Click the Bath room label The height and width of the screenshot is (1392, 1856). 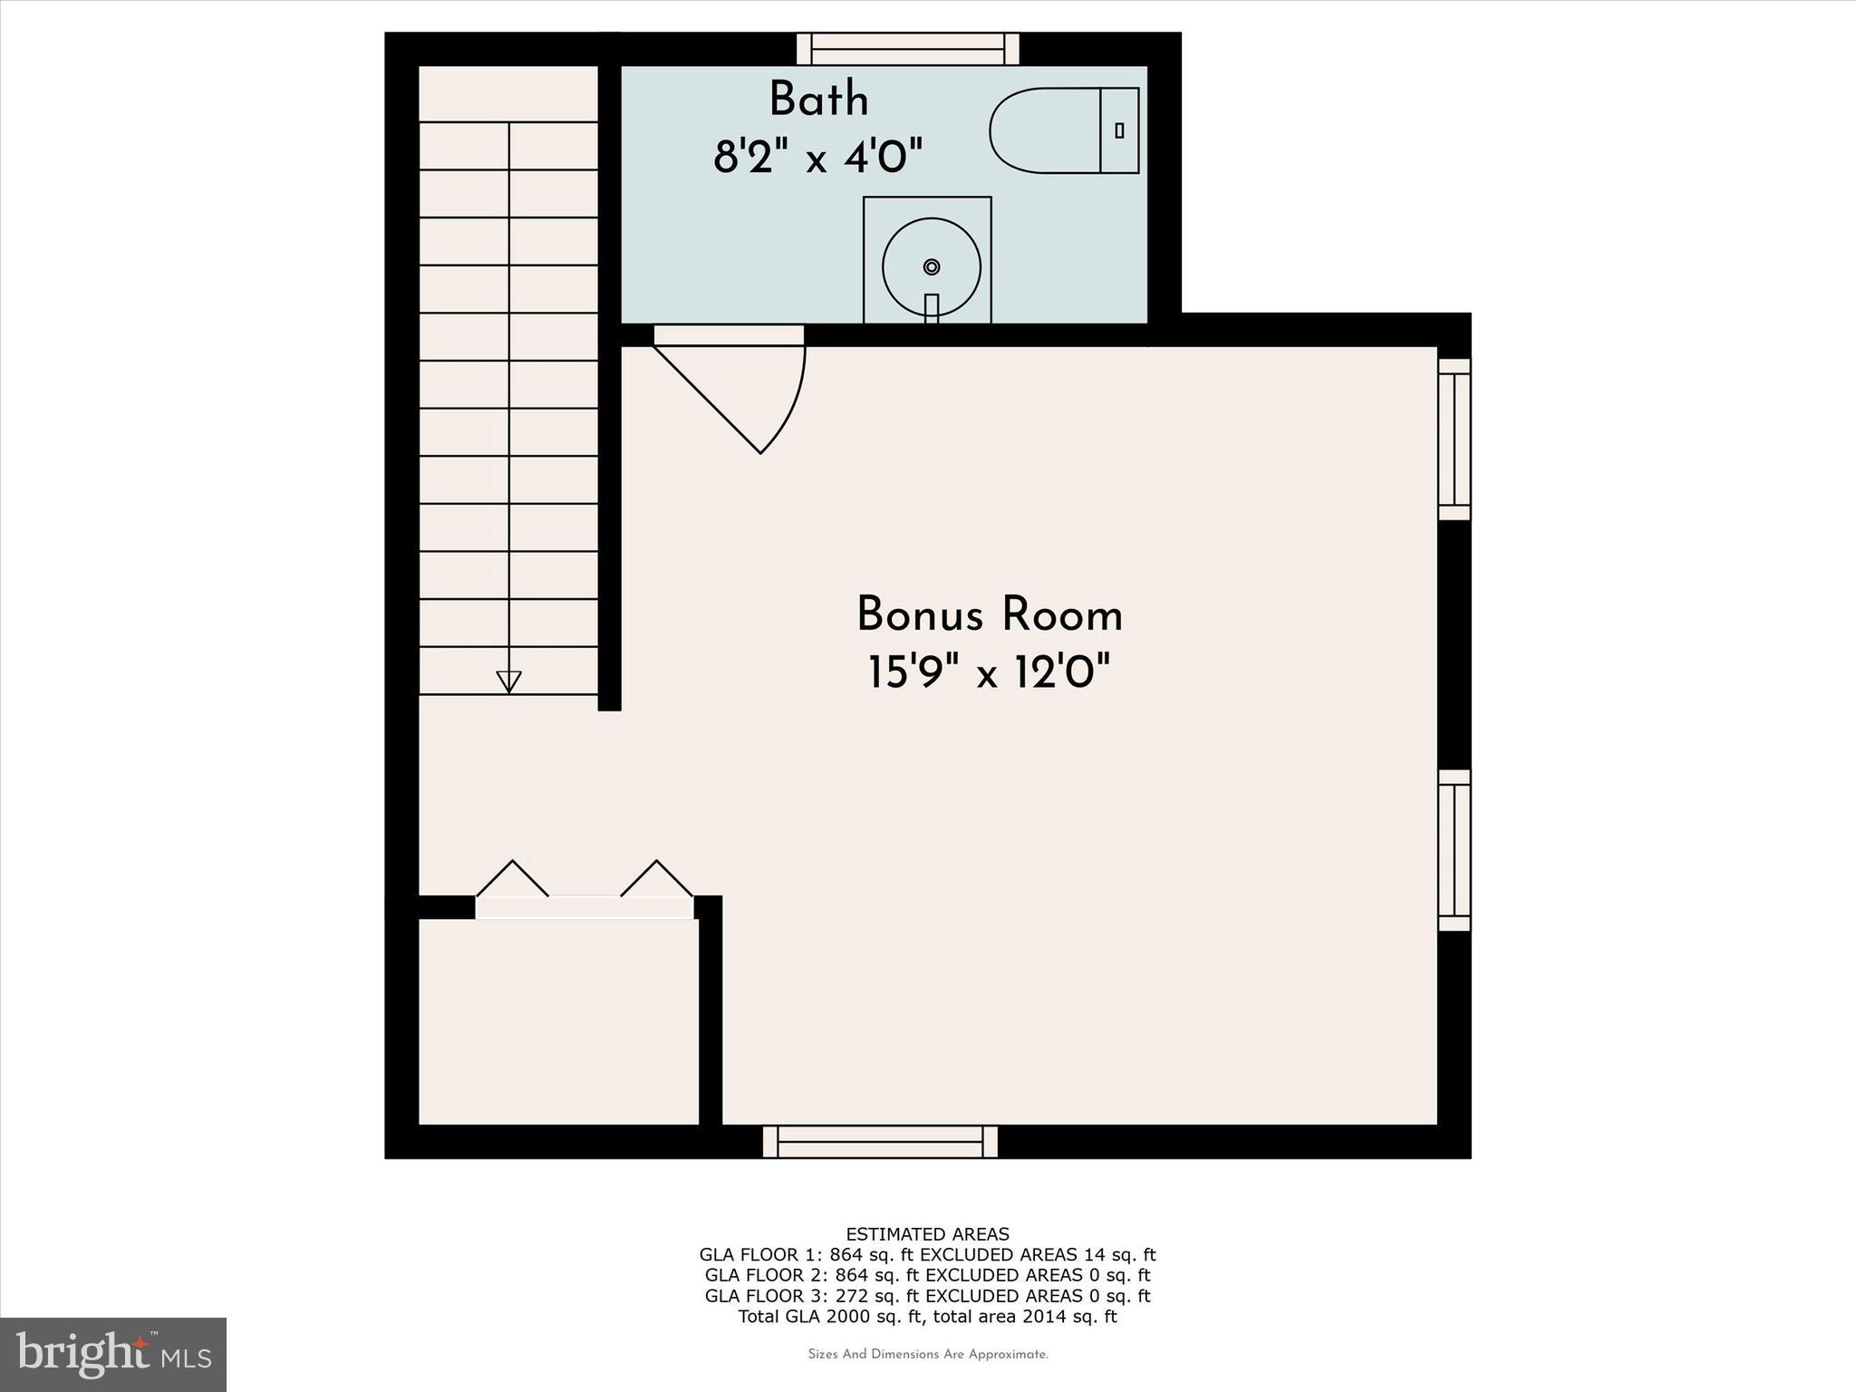818,100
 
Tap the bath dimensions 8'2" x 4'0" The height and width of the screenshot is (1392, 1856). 817,158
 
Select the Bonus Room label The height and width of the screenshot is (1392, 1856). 990,615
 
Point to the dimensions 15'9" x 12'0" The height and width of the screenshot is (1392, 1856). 989,673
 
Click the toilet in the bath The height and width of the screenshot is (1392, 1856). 1062,130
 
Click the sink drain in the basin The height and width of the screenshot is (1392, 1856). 931,266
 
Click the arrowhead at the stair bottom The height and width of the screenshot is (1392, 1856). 508,681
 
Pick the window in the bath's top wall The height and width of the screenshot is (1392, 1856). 908,48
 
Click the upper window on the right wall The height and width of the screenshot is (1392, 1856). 1455,440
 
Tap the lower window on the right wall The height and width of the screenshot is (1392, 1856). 1455,850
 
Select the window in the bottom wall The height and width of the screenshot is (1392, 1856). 880,1142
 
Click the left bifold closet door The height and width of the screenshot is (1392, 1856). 513,878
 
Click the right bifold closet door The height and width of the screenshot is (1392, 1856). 656,878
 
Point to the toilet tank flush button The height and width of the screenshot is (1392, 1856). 1119,130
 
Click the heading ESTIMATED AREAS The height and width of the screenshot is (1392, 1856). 927,1234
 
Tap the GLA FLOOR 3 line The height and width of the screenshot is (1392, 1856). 927,1296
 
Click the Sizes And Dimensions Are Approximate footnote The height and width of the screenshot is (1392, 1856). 927,1355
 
